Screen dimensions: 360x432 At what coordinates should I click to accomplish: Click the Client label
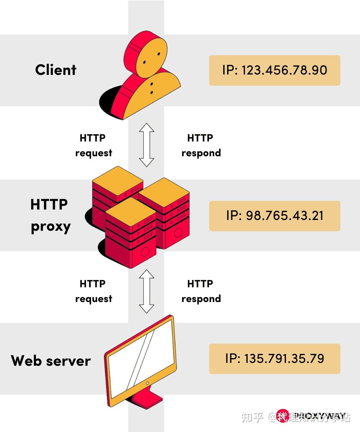(56, 70)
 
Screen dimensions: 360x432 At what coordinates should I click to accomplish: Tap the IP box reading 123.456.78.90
(274, 70)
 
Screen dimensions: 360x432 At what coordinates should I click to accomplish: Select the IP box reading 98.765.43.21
(274, 216)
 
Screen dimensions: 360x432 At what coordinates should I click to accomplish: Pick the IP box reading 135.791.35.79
(274, 359)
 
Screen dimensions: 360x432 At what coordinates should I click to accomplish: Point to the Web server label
(51, 361)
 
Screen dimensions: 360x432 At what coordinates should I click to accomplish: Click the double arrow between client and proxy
(147, 145)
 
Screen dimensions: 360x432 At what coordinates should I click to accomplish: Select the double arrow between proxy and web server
(147, 291)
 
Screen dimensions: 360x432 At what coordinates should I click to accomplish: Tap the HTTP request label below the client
(93, 145)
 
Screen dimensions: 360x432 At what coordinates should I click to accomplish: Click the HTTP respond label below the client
(201, 145)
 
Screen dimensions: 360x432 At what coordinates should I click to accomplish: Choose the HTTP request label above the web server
(93, 291)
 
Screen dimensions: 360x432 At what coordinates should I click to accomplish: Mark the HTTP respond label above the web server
(201, 291)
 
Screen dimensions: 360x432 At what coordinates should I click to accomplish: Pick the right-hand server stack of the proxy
(169, 216)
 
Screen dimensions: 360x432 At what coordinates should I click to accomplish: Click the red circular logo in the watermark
(283, 417)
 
